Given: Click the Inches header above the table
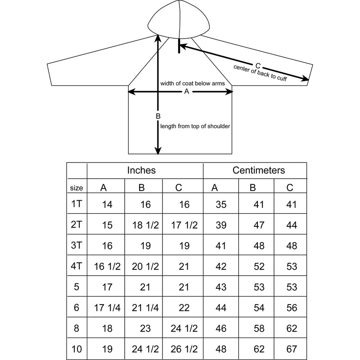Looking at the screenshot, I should [141, 171].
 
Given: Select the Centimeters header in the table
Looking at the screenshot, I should [259, 171].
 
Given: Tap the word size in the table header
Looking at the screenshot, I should [76, 187].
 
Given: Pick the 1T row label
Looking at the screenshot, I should [76, 204].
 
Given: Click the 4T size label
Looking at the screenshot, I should [76, 266].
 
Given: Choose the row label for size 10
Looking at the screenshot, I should [76, 349].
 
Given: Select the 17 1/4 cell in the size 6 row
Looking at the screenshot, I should [107, 308].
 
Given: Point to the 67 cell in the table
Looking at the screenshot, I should [292, 349].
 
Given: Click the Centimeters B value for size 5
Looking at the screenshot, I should [258, 287].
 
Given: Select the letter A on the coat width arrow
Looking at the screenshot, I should [186, 92].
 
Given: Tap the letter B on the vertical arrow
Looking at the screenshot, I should [158, 117].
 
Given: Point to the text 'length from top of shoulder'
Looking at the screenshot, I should [195, 126].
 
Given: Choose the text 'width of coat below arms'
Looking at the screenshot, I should [192, 84].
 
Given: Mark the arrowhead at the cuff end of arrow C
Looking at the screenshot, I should [306, 80].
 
